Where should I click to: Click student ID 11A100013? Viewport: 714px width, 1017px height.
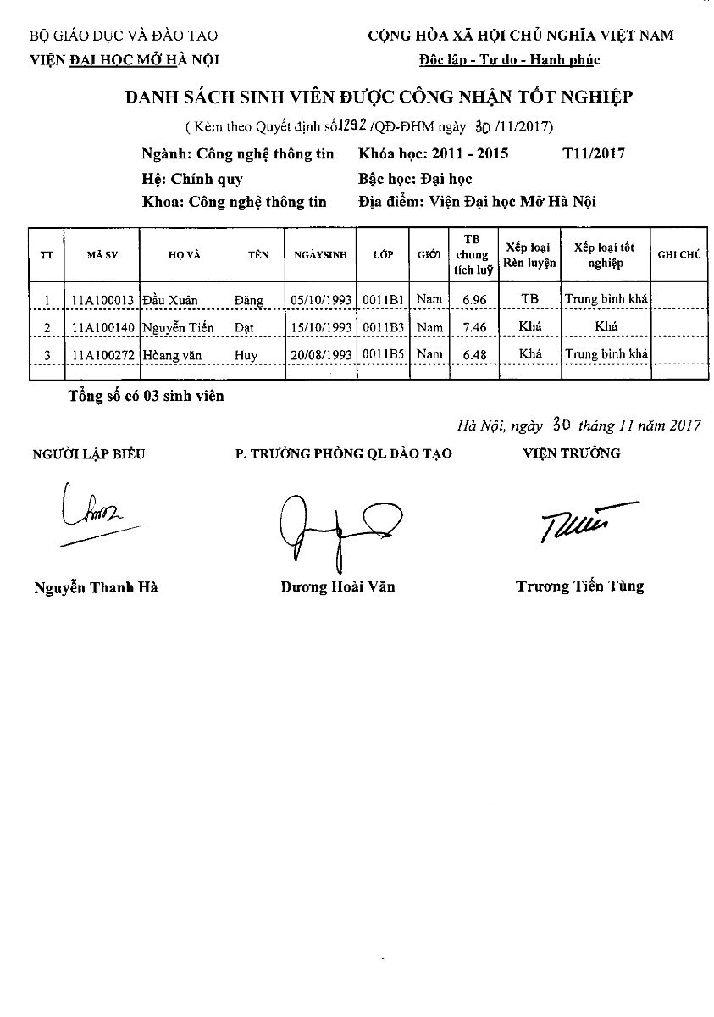click(102, 299)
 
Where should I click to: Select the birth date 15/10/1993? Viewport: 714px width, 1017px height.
click(321, 327)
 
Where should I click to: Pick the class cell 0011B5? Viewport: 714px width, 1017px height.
click(383, 354)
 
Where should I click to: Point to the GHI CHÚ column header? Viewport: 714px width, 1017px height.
click(678, 254)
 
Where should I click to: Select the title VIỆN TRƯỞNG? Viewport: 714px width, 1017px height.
click(572, 453)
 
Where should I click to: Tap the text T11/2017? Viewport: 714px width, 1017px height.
click(593, 153)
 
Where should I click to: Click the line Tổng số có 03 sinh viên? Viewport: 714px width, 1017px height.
click(147, 396)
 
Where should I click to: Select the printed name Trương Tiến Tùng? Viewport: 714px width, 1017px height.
click(579, 586)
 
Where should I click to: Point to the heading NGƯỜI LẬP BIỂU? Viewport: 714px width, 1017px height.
click(89, 453)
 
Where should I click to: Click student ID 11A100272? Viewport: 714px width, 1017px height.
click(102, 354)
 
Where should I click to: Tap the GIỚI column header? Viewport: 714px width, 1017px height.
click(429, 254)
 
